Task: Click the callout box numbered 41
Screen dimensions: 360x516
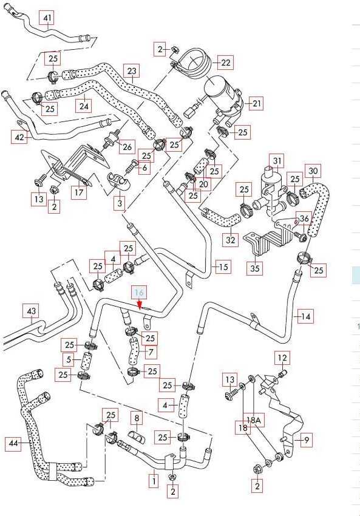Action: point(48,18)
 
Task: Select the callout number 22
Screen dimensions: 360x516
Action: point(225,62)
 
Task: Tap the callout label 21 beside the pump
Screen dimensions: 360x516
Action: point(257,104)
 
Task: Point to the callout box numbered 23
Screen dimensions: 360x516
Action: point(132,71)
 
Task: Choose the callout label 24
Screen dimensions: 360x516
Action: point(84,106)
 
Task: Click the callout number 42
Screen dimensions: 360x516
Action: point(19,137)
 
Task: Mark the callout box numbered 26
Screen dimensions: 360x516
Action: point(127,147)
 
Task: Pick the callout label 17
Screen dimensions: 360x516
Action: point(79,192)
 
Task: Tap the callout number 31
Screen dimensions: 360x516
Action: point(277,161)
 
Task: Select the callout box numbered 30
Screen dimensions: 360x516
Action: point(313,171)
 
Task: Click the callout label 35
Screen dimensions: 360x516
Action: point(255,268)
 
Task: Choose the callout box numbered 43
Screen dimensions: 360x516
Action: point(31,311)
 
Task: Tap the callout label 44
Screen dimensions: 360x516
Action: point(13,444)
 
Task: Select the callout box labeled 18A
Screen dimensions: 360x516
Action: point(254,420)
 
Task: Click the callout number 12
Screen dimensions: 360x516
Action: point(283,358)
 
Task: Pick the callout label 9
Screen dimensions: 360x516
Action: point(307,440)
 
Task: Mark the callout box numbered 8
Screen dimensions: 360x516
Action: point(137,418)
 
